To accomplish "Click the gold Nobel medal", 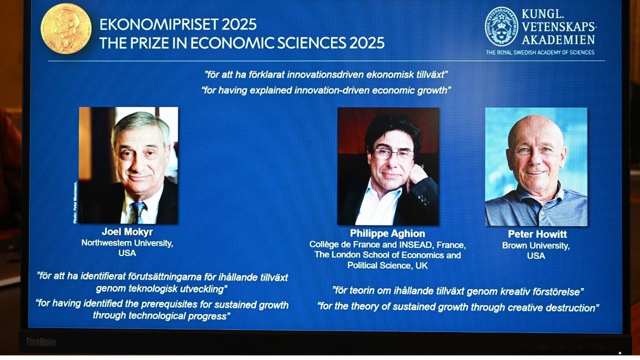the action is pyautogui.click(x=66, y=28).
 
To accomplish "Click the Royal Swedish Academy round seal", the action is pyautogui.click(x=501, y=26).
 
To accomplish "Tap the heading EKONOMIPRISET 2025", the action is pyautogui.click(x=178, y=24).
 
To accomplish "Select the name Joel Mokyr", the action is pyautogui.click(x=127, y=231).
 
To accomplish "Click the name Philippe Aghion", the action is pyautogui.click(x=387, y=233).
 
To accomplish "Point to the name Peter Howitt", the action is pyautogui.click(x=537, y=234).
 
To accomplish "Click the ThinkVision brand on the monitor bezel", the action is pyautogui.click(x=41, y=342).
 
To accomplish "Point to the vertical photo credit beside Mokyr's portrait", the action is pyautogui.click(x=75, y=202).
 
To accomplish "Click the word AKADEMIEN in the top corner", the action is pyautogui.click(x=558, y=40).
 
